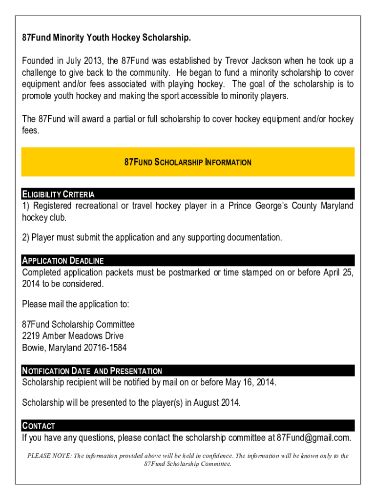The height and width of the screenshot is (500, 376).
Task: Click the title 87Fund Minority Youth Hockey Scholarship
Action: [106, 38]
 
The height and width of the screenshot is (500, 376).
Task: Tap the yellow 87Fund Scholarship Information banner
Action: [188, 162]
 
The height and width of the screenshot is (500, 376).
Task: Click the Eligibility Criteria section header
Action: [58, 194]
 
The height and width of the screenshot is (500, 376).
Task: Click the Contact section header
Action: [39, 426]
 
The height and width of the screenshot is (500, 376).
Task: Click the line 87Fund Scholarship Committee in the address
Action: [78, 325]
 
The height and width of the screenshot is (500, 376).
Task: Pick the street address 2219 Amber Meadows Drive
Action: [73, 336]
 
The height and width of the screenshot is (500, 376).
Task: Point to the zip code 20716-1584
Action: [105, 348]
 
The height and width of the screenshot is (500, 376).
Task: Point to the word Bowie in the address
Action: [33, 348]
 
